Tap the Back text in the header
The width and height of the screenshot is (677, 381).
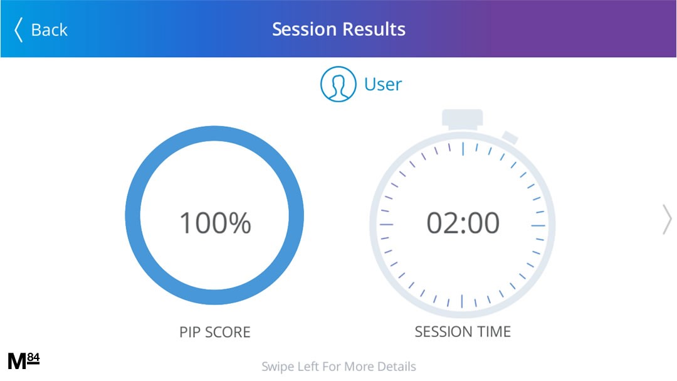pyautogui.click(x=50, y=30)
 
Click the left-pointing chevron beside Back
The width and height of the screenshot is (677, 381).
pyautogui.click(x=18, y=30)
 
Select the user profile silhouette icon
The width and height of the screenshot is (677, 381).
pyautogui.click(x=338, y=84)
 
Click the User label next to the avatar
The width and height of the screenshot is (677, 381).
pyautogui.click(x=383, y=84)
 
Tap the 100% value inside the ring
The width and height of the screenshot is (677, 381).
pyautogui.click(x=215, y=223)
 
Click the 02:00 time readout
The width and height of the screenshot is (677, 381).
pyautogui.click(x=463, y=223)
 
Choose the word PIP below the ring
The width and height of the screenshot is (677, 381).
pyautogui.click(x=191, y=332)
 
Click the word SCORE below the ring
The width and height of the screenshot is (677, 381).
pyautogui.click(x=228, y=332)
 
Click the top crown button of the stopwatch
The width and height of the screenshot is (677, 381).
pyautogui.click(x=462, y=119)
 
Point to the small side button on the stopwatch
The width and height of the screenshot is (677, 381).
pyautogui.click(x=510, y=137)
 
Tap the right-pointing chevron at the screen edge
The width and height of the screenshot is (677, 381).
pyautogui.click(x=667, y=220)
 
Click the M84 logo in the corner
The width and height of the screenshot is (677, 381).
pyautogui.click(x=24, y=361)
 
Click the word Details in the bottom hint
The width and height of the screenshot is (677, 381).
pyautogui.click(x=396, y=367)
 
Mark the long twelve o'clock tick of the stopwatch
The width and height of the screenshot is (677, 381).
pyautogui.click(x=463, y=149)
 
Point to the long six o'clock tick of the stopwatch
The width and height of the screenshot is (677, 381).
pyautogui.click(x=462, y=301)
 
